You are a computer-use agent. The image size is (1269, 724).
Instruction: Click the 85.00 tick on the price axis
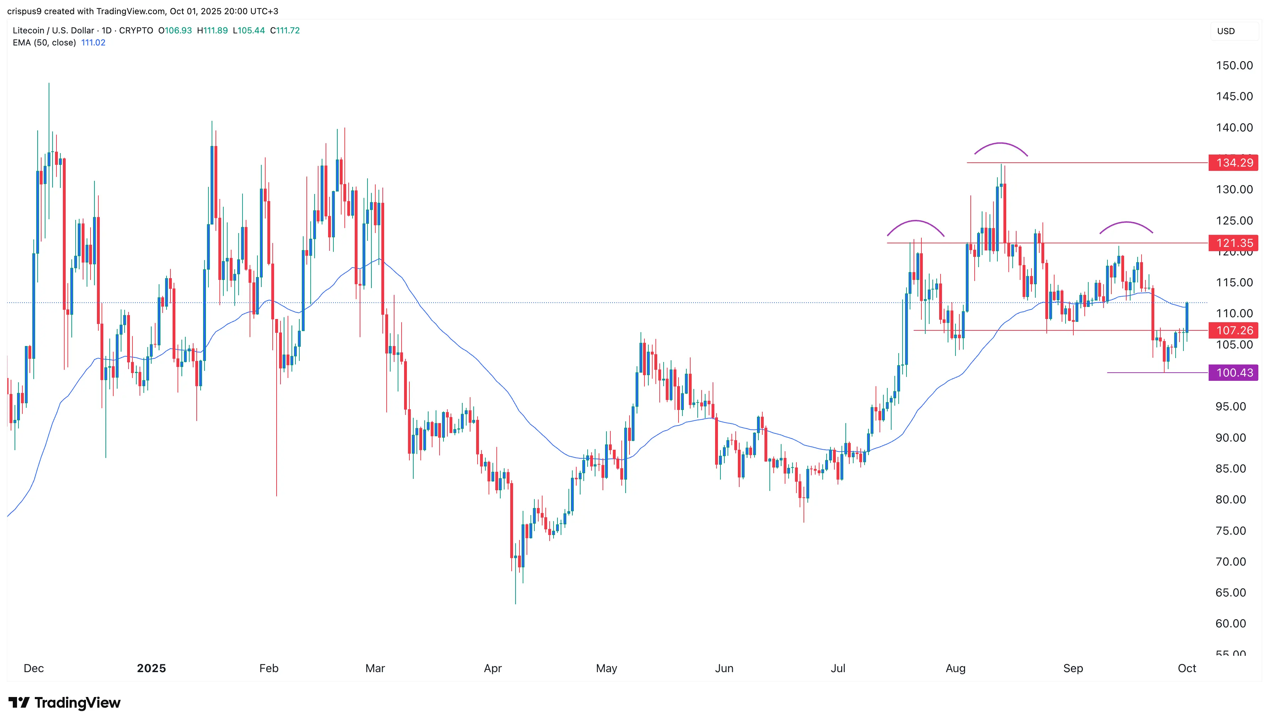1231,469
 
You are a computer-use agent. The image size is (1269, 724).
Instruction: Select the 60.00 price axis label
1231,623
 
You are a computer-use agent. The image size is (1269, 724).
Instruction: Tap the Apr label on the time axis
493,668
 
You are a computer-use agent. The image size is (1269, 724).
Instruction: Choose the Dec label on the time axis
34,668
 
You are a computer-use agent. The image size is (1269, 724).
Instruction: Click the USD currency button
1226,31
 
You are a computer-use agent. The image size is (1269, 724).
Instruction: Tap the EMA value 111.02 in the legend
93,43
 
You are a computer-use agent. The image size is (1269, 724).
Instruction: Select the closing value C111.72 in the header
285,30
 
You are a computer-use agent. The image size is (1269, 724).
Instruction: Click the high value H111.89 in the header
212,30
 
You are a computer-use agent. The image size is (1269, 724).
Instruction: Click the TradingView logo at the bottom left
65,703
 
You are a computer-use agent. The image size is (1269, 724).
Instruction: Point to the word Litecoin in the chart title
28,30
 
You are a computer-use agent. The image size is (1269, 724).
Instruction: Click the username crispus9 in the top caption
24,11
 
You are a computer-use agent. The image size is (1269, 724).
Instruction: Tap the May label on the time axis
606,668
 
